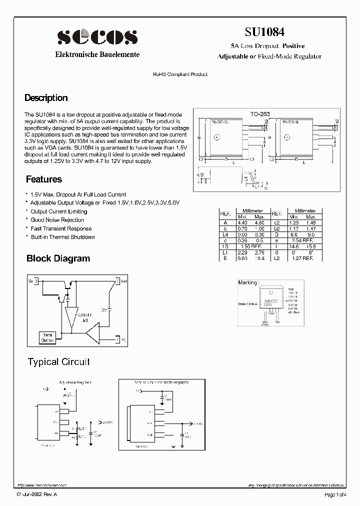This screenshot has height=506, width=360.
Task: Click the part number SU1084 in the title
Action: tap(264, 32)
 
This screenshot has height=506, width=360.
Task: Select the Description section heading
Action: tap(46, 98)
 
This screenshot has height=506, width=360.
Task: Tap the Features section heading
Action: tap(43, 179)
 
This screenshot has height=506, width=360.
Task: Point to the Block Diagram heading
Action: tap(58, 258)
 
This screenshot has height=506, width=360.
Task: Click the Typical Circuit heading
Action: tap(58, 361)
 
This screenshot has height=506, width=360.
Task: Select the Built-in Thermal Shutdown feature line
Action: tap(62, 237)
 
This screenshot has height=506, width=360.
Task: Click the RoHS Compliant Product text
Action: tap(180, 74)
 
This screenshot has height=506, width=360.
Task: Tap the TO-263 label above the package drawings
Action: tap(260, 114)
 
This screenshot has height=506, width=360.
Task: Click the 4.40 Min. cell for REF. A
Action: tap(242, 222)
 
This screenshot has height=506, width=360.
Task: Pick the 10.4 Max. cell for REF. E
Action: tap(259, 258)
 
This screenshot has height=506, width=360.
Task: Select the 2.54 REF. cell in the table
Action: tap(302, 240)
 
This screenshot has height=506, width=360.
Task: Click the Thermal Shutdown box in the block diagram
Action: tap(48, 338)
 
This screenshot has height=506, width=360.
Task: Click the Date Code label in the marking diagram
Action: tap(246, 303)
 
